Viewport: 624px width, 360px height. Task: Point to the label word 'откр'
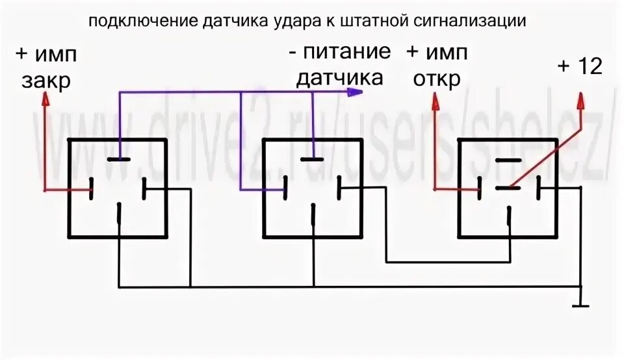click(x=434, y=79)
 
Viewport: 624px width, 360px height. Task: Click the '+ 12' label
click(x=580, y=66)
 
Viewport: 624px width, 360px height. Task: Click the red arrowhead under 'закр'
click(x=45, y=99)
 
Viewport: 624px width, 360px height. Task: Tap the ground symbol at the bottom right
click(x=580, y=304)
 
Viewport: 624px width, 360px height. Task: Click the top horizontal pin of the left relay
click(x=119, y=159)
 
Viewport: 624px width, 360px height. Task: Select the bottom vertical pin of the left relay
click(x=119, y=214)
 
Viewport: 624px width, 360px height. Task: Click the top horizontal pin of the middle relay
click(x=313, y=159)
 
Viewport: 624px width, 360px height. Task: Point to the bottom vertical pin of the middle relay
click(x=313, y=214)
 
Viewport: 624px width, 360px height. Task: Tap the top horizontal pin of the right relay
click(x=508, y=159)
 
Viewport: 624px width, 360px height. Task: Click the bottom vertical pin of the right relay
click(x=509, y=214)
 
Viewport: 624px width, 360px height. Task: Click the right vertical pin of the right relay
click(x=539, y=189)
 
